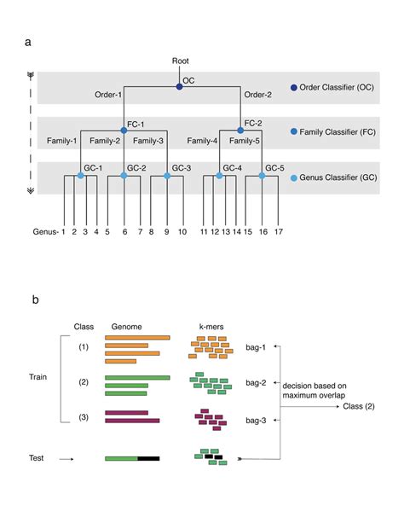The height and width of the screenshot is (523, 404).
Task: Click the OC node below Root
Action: click(x=179, y=86)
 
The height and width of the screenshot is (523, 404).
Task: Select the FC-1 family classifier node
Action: click(x=124, y=131)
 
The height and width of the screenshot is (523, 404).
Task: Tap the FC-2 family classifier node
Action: click(x=241, y=131)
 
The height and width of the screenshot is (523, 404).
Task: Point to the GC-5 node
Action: click(x=262, y=176)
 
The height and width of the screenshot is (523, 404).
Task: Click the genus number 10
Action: click(x=181, y=231)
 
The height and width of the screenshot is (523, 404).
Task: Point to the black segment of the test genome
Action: click(x=148, y=459)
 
